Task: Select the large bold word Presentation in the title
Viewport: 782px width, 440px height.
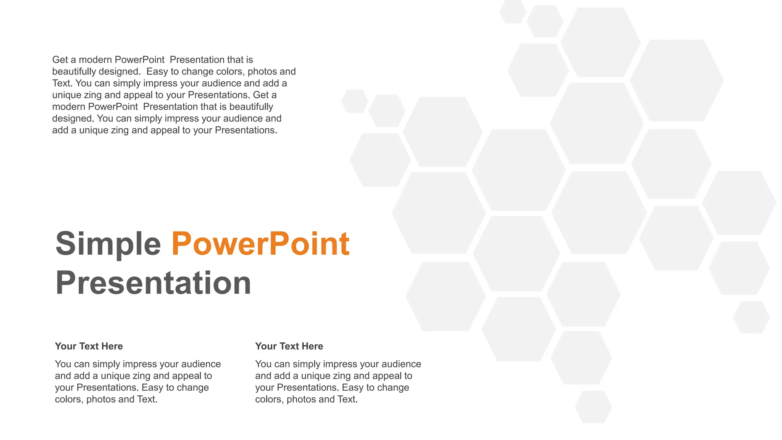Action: [x=153, y=283]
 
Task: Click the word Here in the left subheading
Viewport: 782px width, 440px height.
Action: [x=112, y=346]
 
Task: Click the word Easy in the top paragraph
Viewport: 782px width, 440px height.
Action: [x=157, y=71]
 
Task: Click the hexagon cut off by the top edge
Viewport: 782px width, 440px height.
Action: [x=513, y=11]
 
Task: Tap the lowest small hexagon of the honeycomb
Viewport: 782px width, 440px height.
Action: [x=593, y=407]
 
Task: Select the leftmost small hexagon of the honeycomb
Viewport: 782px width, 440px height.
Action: [x=355, y=101]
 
